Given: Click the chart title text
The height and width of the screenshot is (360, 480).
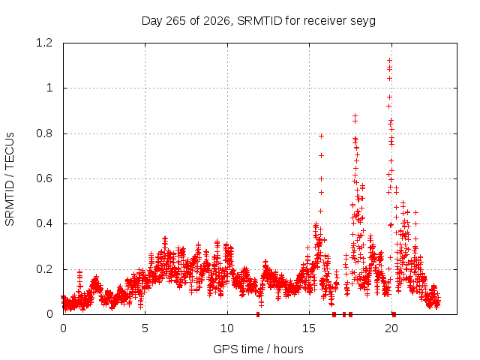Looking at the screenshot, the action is (x=258, y=21).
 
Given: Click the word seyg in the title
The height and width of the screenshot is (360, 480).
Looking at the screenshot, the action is (x=364, y=22).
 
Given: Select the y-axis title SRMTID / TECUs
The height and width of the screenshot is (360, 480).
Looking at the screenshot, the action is (x=10, y=179).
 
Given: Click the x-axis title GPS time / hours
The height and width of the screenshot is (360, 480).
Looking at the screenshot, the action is (x=258, y=349).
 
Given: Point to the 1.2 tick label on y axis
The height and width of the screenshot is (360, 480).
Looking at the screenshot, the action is (x=44, y=43).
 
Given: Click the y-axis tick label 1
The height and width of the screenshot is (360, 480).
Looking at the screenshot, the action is (x=49, y=88).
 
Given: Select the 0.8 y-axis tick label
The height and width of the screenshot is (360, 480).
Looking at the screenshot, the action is (x=44, y=133).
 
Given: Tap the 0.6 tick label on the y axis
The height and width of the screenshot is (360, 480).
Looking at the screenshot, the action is (x=44, y=178).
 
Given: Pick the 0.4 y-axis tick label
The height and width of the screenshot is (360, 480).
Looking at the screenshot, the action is (x=44, y=223).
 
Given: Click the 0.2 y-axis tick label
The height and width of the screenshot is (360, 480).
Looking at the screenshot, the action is (x=44, y=269).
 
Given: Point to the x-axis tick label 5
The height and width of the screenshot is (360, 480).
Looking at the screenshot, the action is (x=145, y=328).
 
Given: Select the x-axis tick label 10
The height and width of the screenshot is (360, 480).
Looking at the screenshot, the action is (x=227, y=328).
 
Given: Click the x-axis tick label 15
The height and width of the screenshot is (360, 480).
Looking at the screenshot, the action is (x=309, y=328).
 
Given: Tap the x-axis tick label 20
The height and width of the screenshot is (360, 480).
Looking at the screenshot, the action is (x=391, y=328).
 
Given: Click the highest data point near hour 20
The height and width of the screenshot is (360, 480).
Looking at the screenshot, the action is (x=390, y=60).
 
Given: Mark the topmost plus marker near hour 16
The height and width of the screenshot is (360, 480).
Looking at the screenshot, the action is (x=321, y=136).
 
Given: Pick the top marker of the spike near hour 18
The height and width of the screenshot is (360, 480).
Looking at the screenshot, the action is (x=355, y=116).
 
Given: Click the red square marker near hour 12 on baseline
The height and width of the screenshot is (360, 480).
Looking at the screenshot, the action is (x=258, y=314).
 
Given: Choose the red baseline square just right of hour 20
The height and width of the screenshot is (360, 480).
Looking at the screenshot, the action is (x=394, y=314).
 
